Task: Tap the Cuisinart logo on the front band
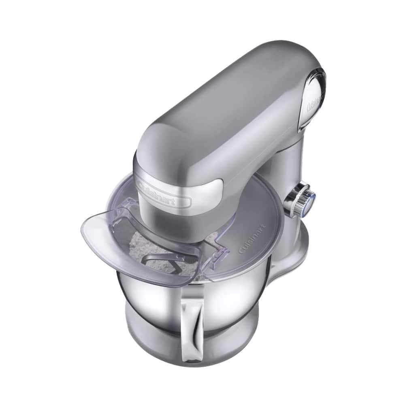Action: (164, 194)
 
